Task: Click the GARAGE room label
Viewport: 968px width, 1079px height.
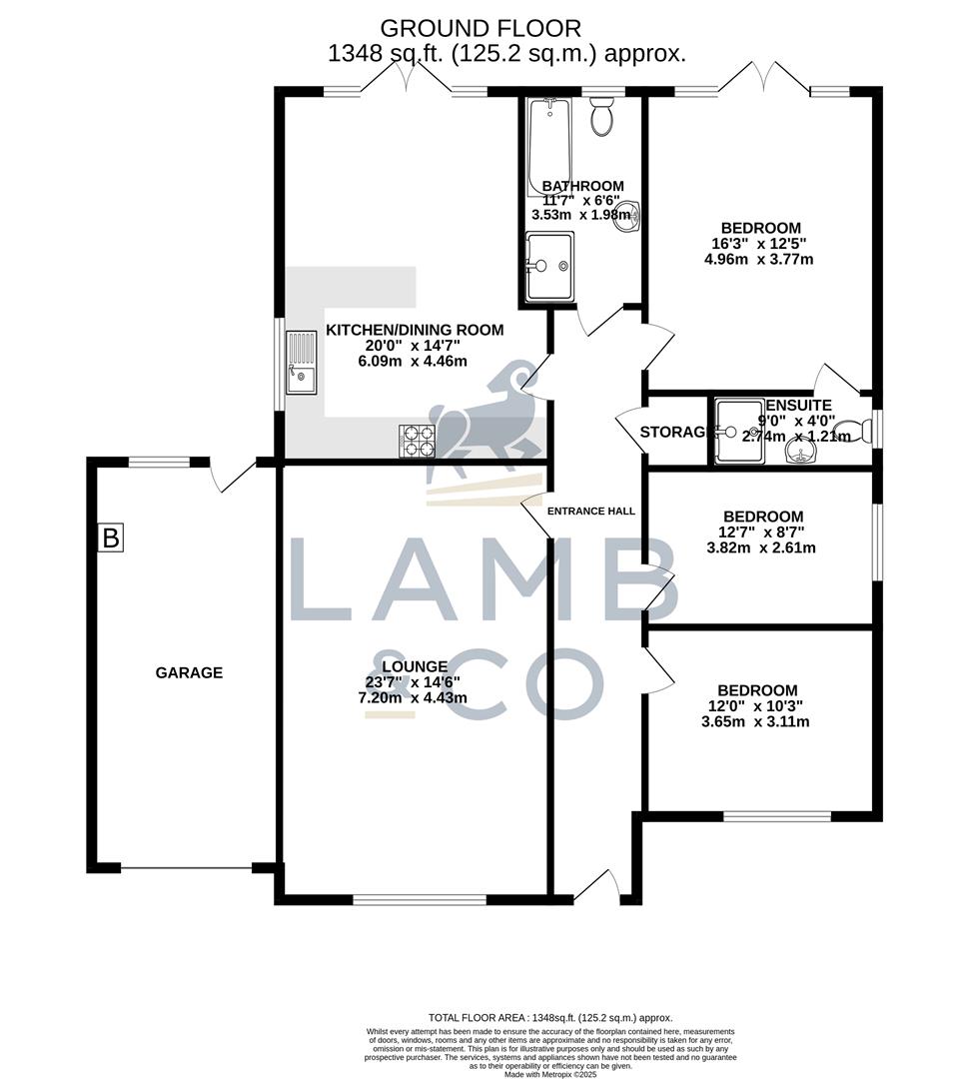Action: coord(189,672)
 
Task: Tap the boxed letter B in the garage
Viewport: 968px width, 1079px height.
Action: coord(111,539)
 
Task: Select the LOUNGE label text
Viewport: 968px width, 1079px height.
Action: coord(414,666)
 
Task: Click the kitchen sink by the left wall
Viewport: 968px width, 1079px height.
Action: coord(301,363)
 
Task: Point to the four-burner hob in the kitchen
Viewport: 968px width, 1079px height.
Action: coord(418,441)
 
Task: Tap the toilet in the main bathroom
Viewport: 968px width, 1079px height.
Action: coord(602,118)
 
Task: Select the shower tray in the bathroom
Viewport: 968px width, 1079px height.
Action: coord(549,266)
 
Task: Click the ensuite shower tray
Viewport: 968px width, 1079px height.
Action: coord(738,433)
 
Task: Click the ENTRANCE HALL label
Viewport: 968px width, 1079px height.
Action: coord(591,511)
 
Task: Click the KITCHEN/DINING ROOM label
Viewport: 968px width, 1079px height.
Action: coord(415,330)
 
